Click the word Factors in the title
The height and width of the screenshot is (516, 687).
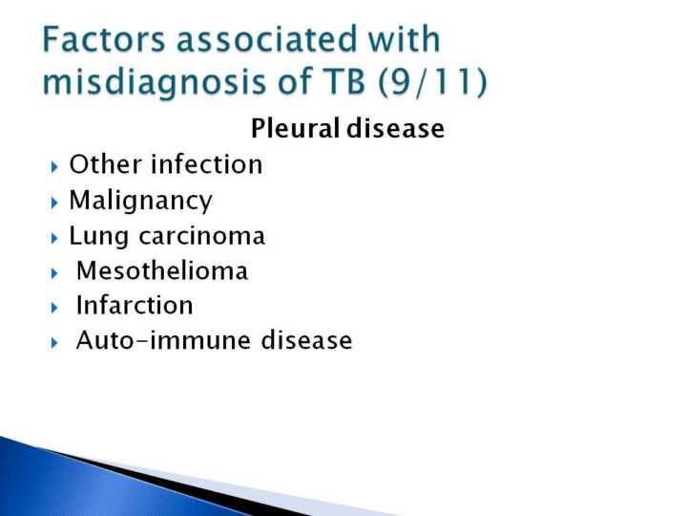pyautogui.click(x=104, y=39)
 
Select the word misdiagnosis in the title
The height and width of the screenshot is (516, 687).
pyautogui.click(x=155, y=82)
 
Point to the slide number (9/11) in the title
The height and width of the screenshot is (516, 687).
pyautogui.click(x=432, y=81)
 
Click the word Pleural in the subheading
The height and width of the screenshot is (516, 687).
pyautogui.click(x=295, y=128)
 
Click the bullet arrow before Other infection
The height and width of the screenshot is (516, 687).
pyautogui.click(x=54, y=166)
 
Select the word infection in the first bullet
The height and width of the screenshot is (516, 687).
pyautogui.click(x=207, y=164)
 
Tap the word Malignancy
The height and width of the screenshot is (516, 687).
pyautogui.click(x=140, y=202)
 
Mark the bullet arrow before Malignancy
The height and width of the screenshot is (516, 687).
pyautogui.click(x=54, y=203)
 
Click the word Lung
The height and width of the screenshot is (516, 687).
pyautogui.click(x=98, y=237)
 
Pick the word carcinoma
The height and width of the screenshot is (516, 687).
pyautogui.click(x=202, y=237)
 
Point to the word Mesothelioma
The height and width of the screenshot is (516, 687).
pyautogui.click(x=162, y=270)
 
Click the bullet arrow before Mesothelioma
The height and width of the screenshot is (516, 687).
pyautogui.click(x=54, y=273)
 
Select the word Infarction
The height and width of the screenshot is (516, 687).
pyautogui.click(x=135, y=305)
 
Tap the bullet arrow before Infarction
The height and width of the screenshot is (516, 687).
pyautogui.click(x=54, y=308)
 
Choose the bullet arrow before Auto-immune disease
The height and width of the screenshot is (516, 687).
pyautogui.click(x=54, y=343)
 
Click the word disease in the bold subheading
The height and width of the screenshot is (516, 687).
pyautogui.click(x=396, y=128)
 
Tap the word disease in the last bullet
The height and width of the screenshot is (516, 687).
pyautogui.click(x=306, y=340)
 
